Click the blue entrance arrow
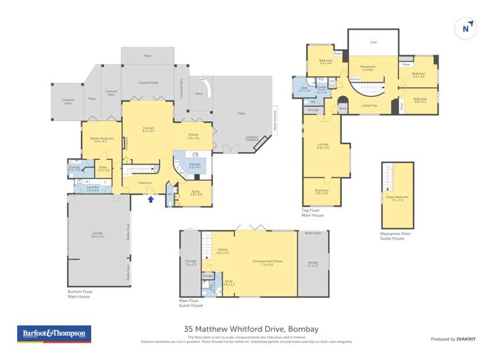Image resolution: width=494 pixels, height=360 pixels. click(151, 198)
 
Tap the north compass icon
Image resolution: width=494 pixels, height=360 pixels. click(466, 28)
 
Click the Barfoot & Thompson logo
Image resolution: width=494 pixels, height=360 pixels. click(53, 334)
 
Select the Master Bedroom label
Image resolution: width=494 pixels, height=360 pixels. click(100, 140)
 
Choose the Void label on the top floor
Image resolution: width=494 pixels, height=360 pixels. click(373, 42)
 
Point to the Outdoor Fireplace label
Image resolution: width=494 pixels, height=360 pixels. click(253, 138)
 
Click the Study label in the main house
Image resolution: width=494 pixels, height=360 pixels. click(196, 193)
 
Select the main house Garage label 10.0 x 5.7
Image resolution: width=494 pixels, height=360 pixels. click(97, 234)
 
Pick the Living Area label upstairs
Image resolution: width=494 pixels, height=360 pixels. click(369, 105)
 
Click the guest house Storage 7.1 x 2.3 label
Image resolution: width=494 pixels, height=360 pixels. click(191, 263)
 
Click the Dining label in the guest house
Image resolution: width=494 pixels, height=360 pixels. click(222, 251)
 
